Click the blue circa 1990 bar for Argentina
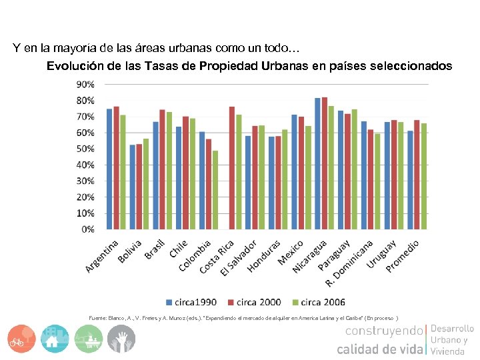click(109, 169)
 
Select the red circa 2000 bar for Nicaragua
click(325, 163)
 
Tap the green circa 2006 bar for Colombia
click(215, 190)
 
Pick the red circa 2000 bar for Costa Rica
click(232, 168)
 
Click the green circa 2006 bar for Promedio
click(423, 176)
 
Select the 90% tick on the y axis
click(85, 85)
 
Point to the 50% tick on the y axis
click(85, 149)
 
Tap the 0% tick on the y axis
click(88, 229)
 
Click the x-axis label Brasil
click(155, 249)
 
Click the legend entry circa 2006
click(323, 302)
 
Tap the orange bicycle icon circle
click(22, 339)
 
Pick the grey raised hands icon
click(121, 339)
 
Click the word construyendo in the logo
click(384, 331)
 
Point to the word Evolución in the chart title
click(71, 67)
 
